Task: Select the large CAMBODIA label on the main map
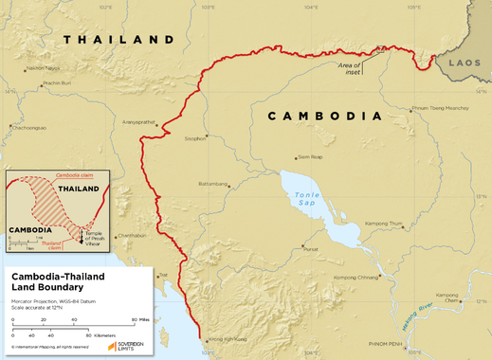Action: [x=324, y=117]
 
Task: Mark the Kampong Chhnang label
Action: [x=354, y=277]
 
